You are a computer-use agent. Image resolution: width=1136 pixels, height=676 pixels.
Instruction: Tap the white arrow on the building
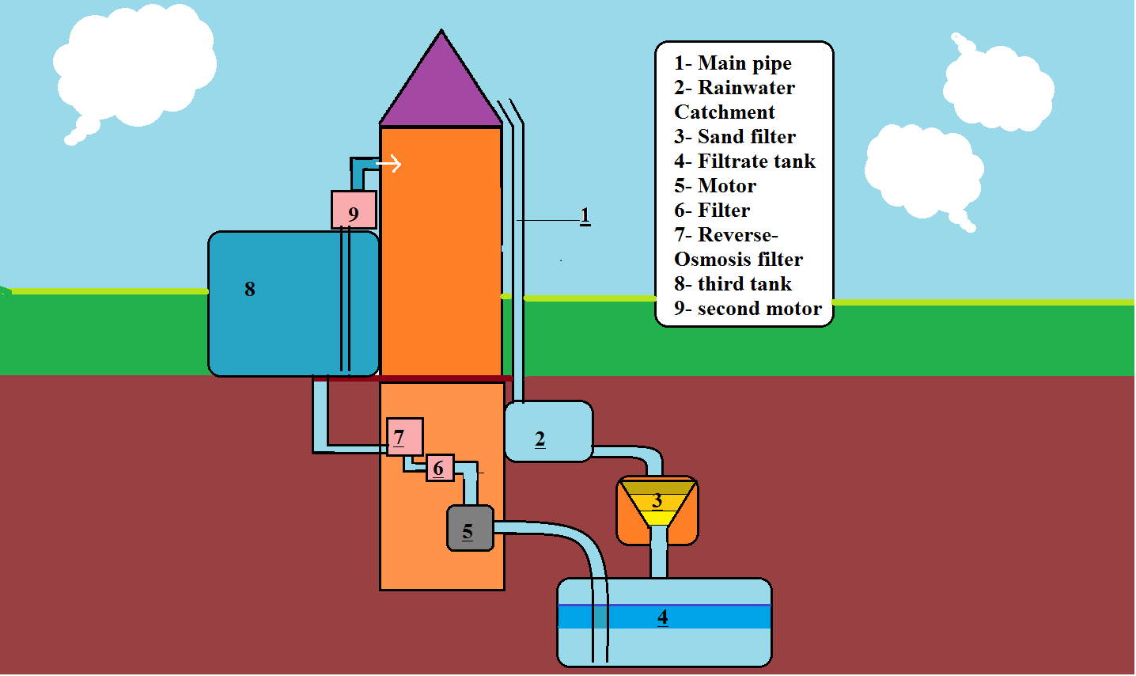pos(389,164)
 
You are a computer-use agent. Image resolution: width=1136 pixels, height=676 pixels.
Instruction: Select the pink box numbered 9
pos(354,211)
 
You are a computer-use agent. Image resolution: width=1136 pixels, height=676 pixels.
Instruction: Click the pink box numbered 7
pos(404,437)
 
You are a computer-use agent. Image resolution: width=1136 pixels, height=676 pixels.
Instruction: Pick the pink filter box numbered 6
pos(440,468)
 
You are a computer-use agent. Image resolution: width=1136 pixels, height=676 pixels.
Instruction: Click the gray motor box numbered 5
pos(470,529)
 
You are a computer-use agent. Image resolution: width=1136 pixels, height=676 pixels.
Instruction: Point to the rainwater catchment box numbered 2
pos(548,431)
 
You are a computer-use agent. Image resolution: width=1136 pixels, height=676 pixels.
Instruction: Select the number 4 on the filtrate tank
pos(663,617)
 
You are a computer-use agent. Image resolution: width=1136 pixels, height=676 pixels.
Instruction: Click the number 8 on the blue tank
pos(250,289)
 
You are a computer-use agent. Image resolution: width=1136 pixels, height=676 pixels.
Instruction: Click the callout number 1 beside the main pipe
pos(585,215)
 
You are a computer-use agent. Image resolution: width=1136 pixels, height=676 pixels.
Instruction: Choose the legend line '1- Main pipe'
pos(733,63)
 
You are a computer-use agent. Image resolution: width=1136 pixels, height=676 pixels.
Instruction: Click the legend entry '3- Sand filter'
pos(735,137)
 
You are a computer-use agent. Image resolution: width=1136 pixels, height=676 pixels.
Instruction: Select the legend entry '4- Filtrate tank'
pos(744,161)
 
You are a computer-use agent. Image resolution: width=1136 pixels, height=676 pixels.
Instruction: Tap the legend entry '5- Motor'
pos(715,186)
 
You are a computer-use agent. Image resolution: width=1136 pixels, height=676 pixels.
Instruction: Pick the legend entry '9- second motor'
pos(748,309)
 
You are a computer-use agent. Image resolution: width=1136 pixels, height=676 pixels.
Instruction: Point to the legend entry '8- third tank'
pos(733,284)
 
